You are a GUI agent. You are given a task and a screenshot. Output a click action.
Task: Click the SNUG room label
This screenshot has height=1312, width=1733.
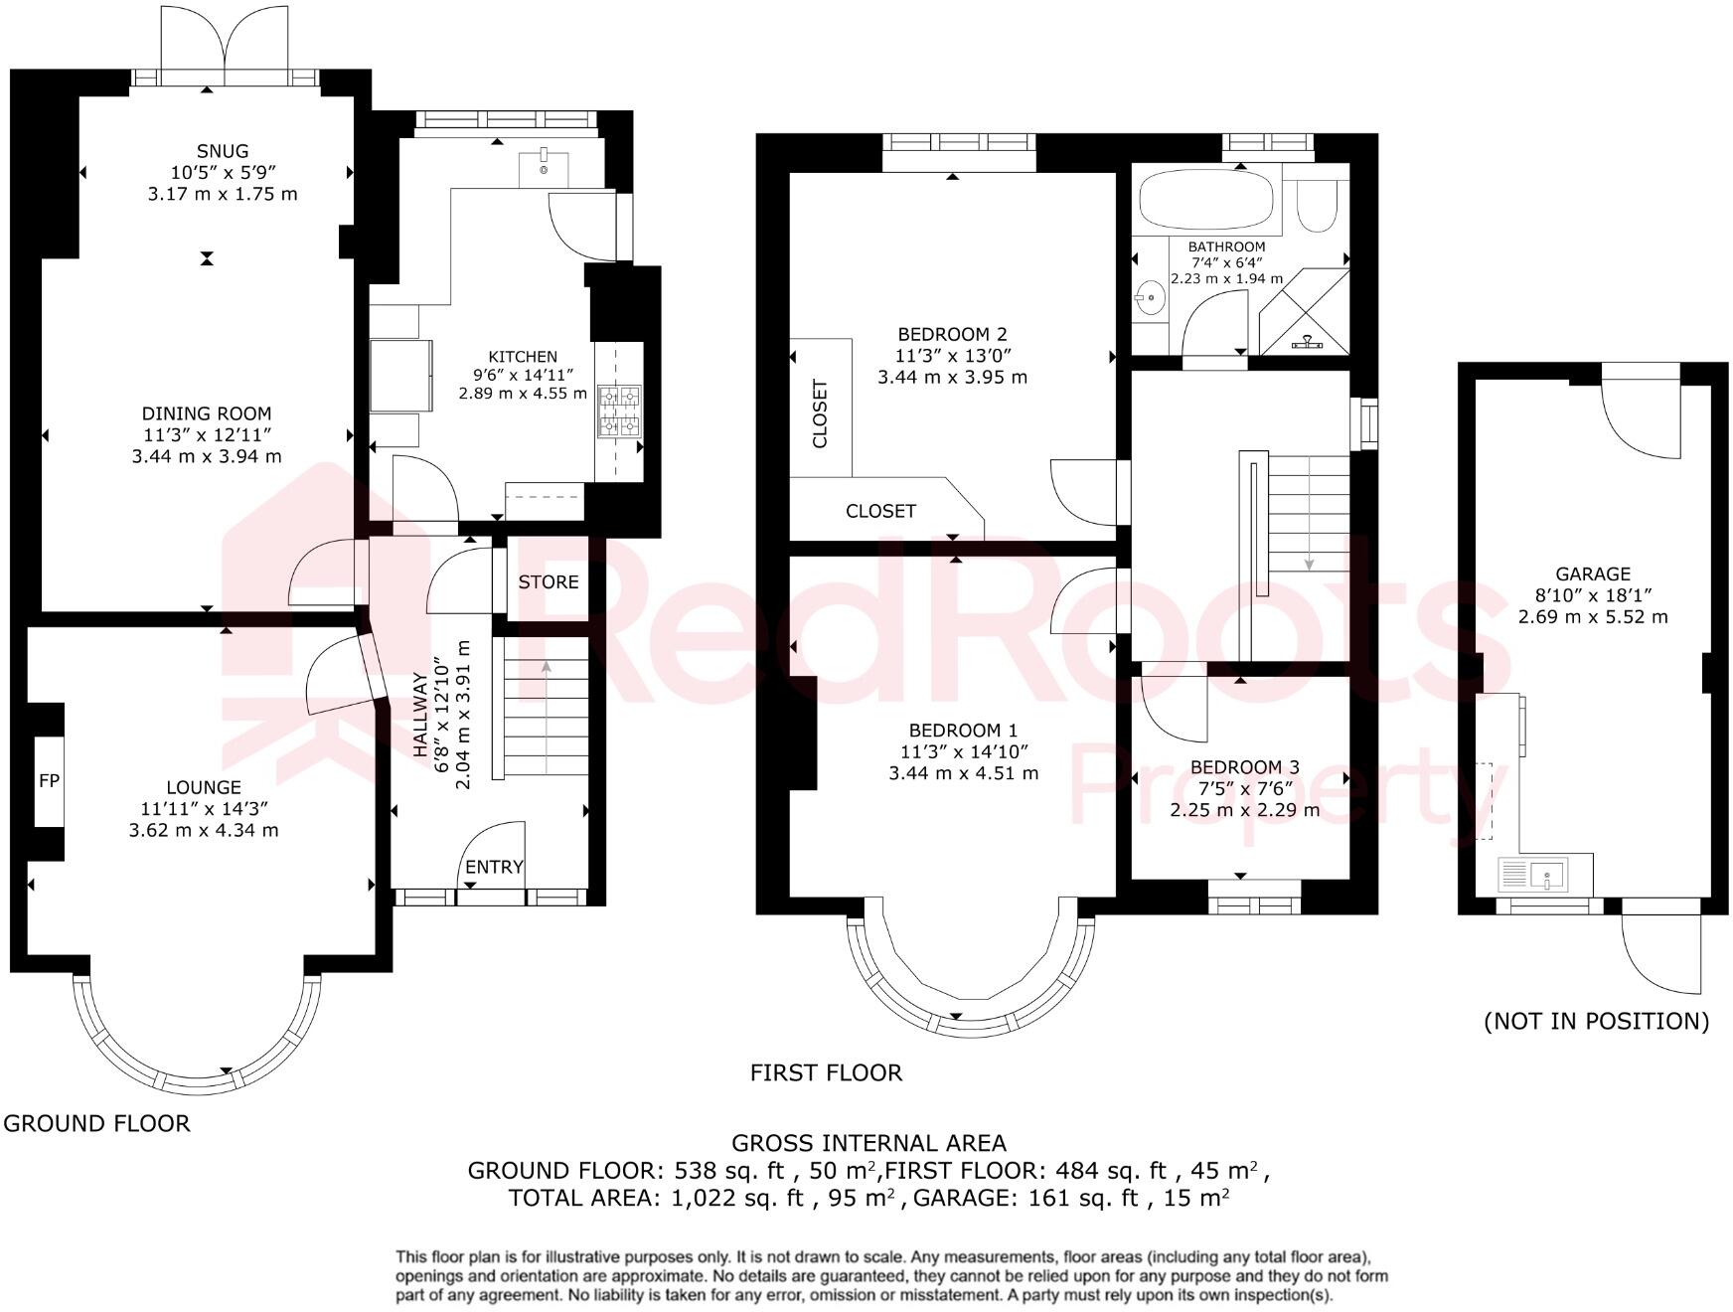click(x=222, y=151)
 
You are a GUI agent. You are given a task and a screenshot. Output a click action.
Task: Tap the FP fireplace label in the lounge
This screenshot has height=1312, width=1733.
click(x=49, y=781)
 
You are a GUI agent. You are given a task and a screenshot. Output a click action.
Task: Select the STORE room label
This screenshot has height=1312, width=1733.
click(x=548, y=582)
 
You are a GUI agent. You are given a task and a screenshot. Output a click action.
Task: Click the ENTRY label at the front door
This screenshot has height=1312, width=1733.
click(x=494, y=867)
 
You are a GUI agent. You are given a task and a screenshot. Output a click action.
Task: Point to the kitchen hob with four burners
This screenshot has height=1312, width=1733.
click(x=619, y=411)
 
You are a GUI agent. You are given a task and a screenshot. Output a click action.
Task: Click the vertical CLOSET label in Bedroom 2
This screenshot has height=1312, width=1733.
click(x=820, y=413)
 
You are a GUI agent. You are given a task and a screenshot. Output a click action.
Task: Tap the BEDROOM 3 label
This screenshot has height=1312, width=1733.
click(x=1244, y=767)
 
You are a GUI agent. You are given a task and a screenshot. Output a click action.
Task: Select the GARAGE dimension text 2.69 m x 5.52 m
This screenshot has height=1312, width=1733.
click(x=1593, y=617)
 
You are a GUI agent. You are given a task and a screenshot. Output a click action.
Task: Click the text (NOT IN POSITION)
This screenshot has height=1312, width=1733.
click(x=1596, y=1021)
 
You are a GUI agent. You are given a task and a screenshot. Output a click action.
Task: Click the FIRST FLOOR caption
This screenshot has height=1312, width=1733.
click(x=826, y=1072)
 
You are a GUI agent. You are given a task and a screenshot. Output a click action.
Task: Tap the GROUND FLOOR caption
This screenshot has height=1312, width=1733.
click(x=96, y=1123)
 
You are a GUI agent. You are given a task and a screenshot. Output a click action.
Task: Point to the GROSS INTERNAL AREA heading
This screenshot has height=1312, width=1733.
click(x=868, y=1143)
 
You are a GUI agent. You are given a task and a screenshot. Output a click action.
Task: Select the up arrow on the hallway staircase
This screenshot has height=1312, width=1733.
click(x=546, y=668)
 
